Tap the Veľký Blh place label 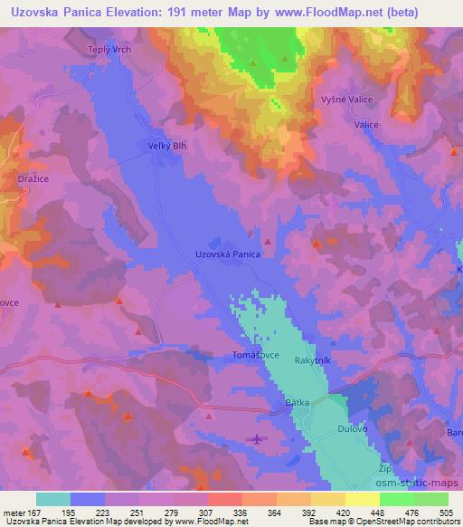(x=165, y=145)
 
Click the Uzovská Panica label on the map (x=228, y=255)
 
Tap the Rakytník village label (x=314, y=360)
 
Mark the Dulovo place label (x=352, y=429)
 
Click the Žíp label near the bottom (x=384, y=469)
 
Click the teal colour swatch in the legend (x=53, y=499)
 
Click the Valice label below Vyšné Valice (x=366, y=125)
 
